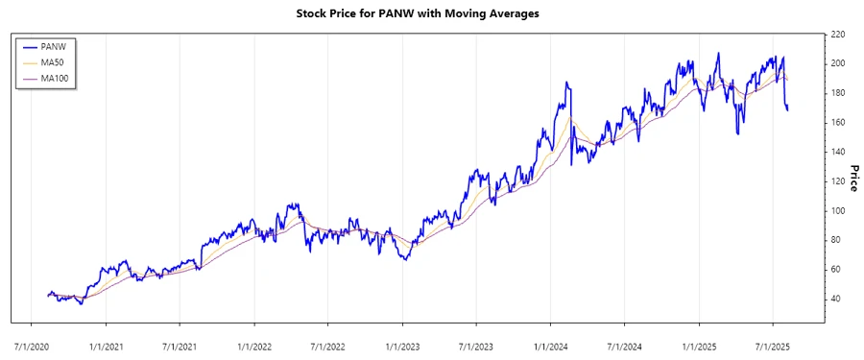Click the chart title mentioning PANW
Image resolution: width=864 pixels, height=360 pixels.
(432, 14)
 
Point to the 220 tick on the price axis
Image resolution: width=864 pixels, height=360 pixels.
(837, 35)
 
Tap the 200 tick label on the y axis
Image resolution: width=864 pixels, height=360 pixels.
(837, 63)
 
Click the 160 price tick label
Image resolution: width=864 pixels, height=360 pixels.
(837, 123)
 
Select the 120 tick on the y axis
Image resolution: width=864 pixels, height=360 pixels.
(837, 181)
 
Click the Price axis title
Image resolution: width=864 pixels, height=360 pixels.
(852, 178)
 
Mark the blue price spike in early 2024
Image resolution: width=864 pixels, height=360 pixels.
(567, 84)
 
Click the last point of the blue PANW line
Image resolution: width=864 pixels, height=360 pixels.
(788, 109)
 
